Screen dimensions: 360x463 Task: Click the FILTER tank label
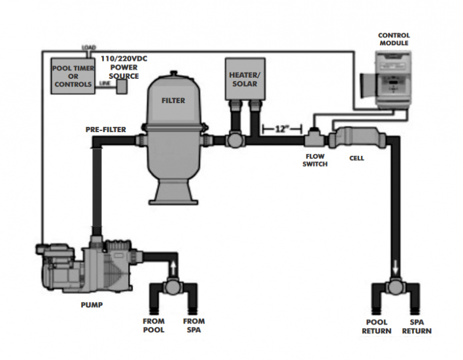173,101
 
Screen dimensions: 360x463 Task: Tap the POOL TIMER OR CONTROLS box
72,76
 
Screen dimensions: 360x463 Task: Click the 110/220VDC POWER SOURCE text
124,67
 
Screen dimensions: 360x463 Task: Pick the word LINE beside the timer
105,83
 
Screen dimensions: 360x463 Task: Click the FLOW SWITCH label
315,161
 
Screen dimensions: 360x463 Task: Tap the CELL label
356,158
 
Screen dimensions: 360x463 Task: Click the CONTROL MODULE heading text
393,39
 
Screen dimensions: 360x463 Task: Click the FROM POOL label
154,326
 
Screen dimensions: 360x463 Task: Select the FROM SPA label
194,326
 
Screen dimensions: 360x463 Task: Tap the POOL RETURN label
378,327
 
